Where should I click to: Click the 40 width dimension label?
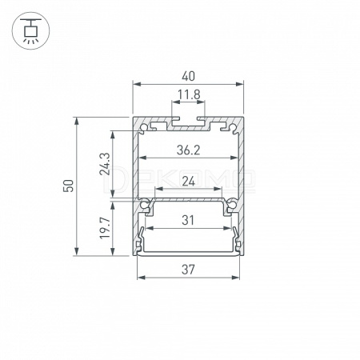188,77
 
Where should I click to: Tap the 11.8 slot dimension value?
189,94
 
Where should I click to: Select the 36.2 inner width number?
188,150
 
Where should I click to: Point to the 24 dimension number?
189,182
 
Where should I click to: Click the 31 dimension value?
188,221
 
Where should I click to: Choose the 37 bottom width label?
188,270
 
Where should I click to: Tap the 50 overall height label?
68,186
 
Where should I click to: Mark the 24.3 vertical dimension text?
105,164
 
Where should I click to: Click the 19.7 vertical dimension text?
105,228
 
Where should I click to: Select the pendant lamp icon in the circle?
30,30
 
